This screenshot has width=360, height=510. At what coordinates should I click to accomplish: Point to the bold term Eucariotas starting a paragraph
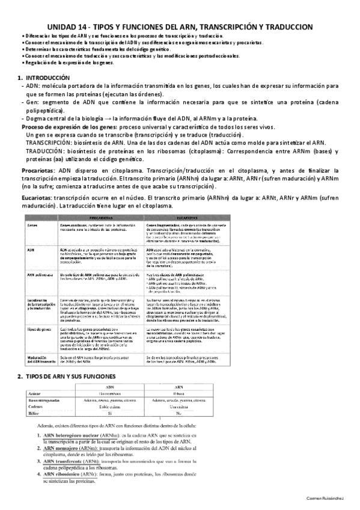coord(37,198)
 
